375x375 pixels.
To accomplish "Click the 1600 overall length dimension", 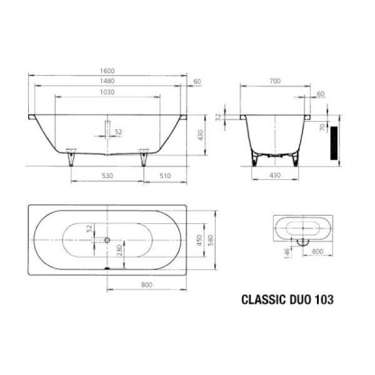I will click(x=108, y=71).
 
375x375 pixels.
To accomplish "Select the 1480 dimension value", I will click(x=108, y=82).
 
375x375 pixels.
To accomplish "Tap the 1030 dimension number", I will click(x=108, y=92).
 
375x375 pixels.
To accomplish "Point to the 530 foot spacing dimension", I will click(x=108, y=176).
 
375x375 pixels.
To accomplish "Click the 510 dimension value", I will click(x=165, y=176).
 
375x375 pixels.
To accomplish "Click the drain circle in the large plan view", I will click(x=107, y=239).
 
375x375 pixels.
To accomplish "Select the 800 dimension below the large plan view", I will click(x=147, y=285).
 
